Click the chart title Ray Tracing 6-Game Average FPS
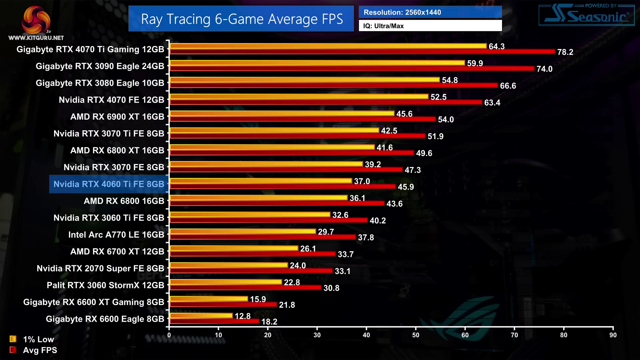tap(241, 19)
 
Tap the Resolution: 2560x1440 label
tap(402, 12)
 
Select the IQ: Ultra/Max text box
tap(430, 26)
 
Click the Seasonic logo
tap(587, 15)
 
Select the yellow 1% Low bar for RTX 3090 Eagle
tap(317, 63)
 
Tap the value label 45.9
tap(406, 187)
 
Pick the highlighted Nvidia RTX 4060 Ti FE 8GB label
tap(109, 184)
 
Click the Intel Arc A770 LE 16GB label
tap(116, 235)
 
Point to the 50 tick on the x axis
tap(416, 335)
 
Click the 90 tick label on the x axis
tap(613, 335)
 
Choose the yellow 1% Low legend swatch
tap(13, 339)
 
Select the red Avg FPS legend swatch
tap(13, 350)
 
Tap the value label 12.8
tap(242, 316)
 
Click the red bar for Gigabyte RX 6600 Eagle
tap(214, 321)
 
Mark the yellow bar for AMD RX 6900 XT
tap(282, 113)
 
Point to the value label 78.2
tap(565, 52)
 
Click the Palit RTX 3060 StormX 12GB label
tap(105, 285)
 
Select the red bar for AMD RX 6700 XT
tap(253, 254)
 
